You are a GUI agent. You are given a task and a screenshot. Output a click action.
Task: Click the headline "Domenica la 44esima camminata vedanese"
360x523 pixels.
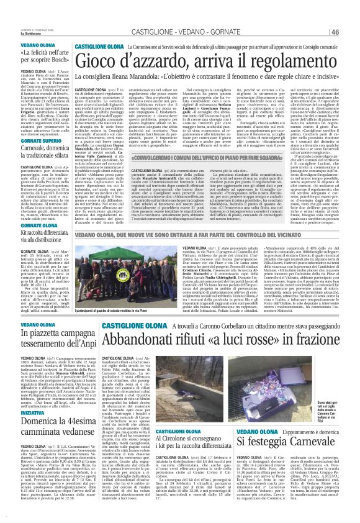[x=37, y=427]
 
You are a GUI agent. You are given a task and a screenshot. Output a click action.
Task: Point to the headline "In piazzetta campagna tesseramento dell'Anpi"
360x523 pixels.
[x=37, y=338]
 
